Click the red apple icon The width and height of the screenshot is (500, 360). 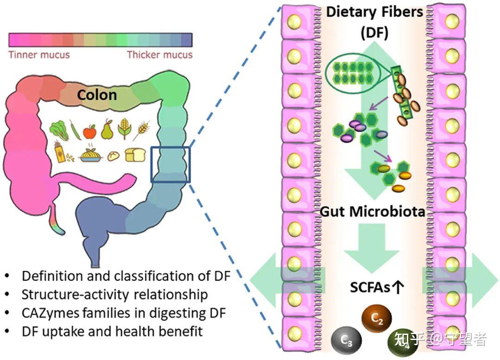[x=89, y=131]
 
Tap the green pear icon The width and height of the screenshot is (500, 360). [x=107, y=130]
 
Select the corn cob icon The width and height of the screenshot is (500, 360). [x=124, y=130]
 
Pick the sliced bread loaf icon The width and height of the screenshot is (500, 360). [x=135, y=155]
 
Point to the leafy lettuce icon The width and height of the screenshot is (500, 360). [x=59, y=130]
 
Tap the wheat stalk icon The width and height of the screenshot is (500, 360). [x=141, y=130]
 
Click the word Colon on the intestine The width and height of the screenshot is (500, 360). [x=97, y=95]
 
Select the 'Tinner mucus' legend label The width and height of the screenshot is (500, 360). [x=39, y=55]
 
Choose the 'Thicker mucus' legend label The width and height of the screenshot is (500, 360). [x=160, y=55]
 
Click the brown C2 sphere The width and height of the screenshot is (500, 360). [x=376, y=318]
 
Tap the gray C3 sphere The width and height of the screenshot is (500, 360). [x=346, y=341]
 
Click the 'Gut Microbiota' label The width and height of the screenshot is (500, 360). [x=373, y=212]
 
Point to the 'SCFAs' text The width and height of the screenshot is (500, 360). [x=369, y=288]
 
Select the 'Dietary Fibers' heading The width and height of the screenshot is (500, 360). [x=375, y=12]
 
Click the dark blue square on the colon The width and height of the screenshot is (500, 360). [x=170, y=164]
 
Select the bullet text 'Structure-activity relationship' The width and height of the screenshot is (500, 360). [x=115, y=295]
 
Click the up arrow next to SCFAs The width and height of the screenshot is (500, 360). [x=398, y=288]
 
